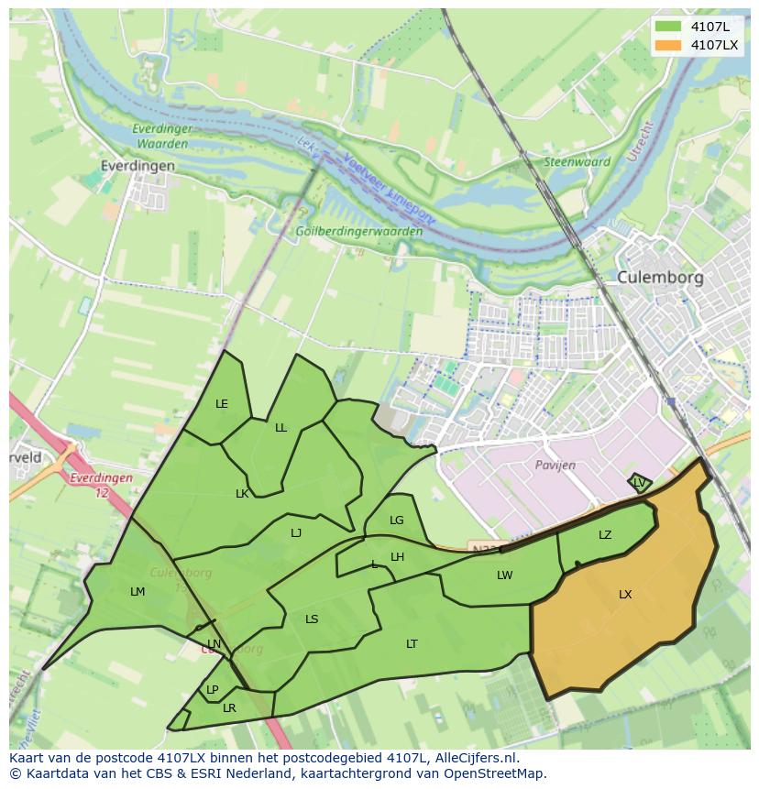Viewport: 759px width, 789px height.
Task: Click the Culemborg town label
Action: pos(660,277)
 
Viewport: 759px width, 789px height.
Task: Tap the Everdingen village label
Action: pos(138,166)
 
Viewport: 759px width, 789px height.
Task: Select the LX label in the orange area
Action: pos(625,595)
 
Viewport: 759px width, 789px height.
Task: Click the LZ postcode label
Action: pos(605,535)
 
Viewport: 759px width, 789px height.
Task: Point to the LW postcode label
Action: pos(504,575)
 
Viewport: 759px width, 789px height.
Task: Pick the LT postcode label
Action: pos(412,644)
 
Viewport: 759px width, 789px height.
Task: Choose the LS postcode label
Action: pos(312,619)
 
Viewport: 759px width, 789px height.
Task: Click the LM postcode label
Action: pos(137,592)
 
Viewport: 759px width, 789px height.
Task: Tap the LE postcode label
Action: pos(222,404)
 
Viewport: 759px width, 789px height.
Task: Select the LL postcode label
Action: pos(280,428)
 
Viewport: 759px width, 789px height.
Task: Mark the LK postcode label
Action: pos(242,494)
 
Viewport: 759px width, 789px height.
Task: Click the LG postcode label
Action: pos(396,521)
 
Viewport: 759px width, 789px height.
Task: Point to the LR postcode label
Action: pos(229,708)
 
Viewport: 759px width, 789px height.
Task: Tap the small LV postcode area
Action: pos(640,482)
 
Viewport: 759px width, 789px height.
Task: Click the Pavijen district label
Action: pos(555,466)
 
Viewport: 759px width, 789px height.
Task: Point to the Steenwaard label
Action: pos(577,162)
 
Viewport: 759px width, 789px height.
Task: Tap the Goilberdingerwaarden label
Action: pos(359,232)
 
